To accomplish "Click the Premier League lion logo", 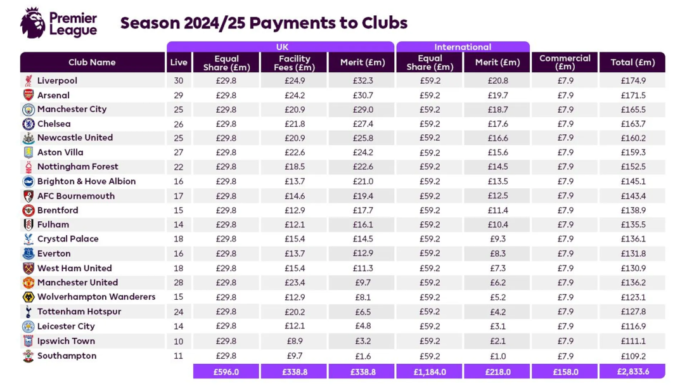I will pyautogui.click(x=33, y=23).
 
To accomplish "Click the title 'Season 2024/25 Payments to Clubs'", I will pyautogui.click(x=264, y=23).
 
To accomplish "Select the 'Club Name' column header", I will pyautogui.click(x=92, y=62).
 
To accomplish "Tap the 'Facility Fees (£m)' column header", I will pyautogui.click(x=294, y=63).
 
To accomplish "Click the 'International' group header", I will pyautogui.click(x=462, y=47).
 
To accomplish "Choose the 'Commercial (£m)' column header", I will pyautogui.click(x=565, y=62).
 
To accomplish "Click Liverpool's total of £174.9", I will pyautogui.click(x=632, y=80).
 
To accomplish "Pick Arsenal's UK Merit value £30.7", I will pyautogui.click(x=363, y=95).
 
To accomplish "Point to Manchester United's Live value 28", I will pyautogui.click(x=178, y=283).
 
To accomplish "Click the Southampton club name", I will pyautogui.click(x=67, y=356).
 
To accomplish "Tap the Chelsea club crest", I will pyautogui.click(x=29, y=124).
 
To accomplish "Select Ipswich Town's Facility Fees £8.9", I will pyautogui.click(x=294, y=341).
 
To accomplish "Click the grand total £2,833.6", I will pyautogui.click(x=632, y=372).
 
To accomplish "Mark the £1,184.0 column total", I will pyautogui.click(x=430, y=372).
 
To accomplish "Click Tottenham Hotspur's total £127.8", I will pyautogui.click(x=632, y=312).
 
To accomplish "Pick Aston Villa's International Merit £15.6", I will pyautogui.click(x=498, y=152).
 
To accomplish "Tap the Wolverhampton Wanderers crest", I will pyautogui.click(x=29, y=297).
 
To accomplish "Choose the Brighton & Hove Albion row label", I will pyautogui.click(x=86, y=181).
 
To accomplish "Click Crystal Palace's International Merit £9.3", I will pyautogui.click(x=498, y=239).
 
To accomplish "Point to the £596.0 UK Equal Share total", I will pyautogui.click(x=226, y=372).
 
